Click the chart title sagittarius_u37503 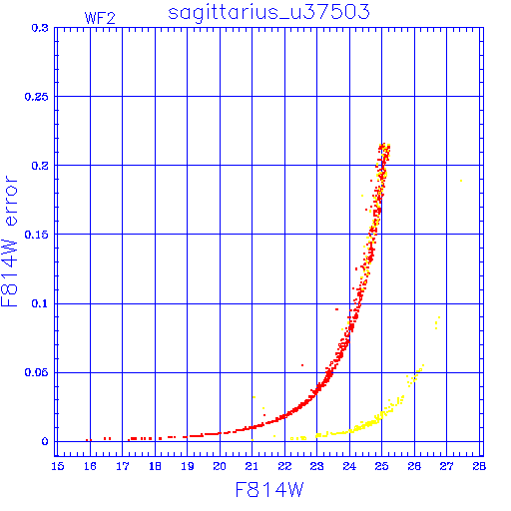(x=268, y=13)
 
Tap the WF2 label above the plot (x=100, y=18)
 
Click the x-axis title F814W (x=269, y=489)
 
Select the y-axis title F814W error (x=9, y=242)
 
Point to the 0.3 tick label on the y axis (x=40, y=28)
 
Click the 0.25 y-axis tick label (x=36, y=97)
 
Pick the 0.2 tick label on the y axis (x=40, y=166)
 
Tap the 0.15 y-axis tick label (x=36, y=235)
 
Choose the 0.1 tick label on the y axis (x=40, y=303)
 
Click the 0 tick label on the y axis (x=45, y=441)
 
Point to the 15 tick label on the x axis (x=58, y=466)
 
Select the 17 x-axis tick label (x=123, y=466)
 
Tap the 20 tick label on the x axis (x=220, y=466)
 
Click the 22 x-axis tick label (x=284, y=466)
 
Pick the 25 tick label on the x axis (x=382, y=466)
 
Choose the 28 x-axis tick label (x=479, y=466)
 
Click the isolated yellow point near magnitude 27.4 (x=461, y=181)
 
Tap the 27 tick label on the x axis (x=447, y=466)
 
